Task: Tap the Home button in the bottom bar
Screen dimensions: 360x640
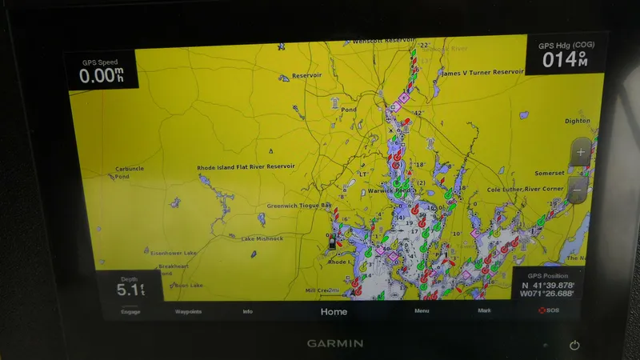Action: click(334, 311)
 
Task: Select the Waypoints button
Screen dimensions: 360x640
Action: click(188, 311)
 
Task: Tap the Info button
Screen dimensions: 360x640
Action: click(248, 311)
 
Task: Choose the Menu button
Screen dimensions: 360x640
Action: click(422, 310)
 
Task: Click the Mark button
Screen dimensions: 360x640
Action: click(484, 310)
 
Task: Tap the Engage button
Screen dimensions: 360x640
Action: click(130, 311)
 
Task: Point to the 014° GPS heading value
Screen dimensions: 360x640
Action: click(565, 58)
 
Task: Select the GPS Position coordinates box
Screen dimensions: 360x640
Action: click(548, 286)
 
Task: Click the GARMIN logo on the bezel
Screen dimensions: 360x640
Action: click(335, 343)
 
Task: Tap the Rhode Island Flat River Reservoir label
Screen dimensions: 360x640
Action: click(246, 168)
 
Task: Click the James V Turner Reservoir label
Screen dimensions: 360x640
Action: click(482, 73)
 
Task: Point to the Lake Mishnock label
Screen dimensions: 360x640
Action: click(262, 238)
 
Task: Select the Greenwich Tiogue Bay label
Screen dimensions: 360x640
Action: click(298, 205)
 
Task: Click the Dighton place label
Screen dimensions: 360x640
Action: click(577, 121)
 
